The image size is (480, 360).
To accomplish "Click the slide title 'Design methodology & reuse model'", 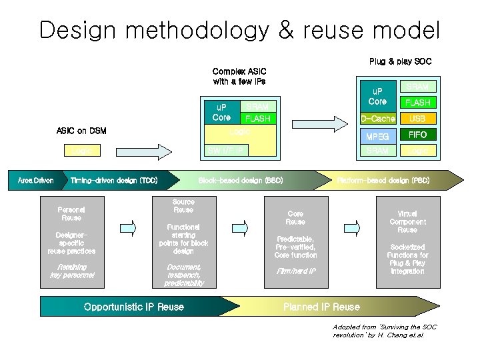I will pos(239,30).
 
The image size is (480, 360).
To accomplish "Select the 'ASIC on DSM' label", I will pos(81,131).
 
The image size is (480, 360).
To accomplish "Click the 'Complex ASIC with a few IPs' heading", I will pos(239,76).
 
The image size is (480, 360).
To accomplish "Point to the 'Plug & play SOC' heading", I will pos(400,61).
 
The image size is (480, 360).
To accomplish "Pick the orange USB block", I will pos(417,119).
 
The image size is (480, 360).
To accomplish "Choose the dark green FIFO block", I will pos(417,135).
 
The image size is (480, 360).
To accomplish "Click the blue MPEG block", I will pos(377,137).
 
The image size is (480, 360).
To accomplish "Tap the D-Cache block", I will pos(377,119).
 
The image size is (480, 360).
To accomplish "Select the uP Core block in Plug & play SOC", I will pos(377,97).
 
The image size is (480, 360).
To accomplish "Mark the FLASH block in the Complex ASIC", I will pos(257,119).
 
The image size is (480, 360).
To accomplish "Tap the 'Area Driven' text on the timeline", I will pos(35,181).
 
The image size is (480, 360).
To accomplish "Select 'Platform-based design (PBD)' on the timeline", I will pos(383,181).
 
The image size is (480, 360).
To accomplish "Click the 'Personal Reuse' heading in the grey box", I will pos(71,213).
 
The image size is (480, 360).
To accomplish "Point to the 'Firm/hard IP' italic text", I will pos(295,271).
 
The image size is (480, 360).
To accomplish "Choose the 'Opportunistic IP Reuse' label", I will pos(134,307).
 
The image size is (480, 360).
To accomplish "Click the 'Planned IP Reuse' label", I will pos(321,307).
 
